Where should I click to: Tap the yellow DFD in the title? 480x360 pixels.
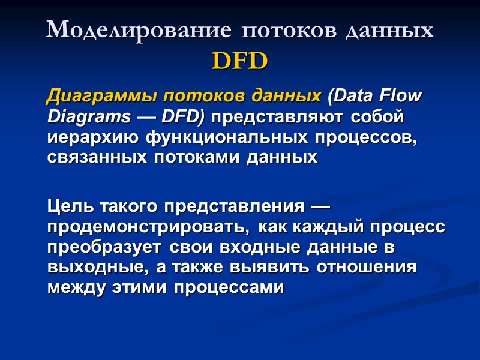coord(239,61)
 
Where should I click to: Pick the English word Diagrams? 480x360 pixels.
coord(80,116)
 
